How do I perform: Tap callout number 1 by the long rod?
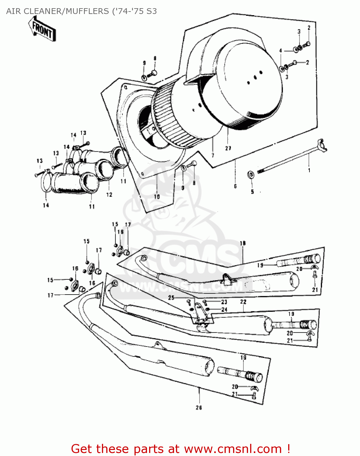(x=309, y=170)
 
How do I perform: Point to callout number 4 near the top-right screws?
(x=281, y=51)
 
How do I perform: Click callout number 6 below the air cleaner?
(x=235, y=186)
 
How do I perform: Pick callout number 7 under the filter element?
(x=213, y=156)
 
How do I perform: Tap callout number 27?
(x=228, y=148)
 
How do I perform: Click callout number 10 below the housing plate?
(x=157, y=197)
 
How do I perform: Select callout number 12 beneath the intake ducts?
(x=109, y=195)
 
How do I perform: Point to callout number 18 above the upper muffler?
(x=243, y=243)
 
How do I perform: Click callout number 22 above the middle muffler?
(x=243, y=302)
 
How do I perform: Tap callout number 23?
(x=224, y=302)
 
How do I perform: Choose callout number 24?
(x=224, y=310)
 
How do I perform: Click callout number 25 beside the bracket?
(x=171, y=298)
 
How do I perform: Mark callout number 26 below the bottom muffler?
(x=199, y=408)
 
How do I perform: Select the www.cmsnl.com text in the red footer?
(x=233, y=449)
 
